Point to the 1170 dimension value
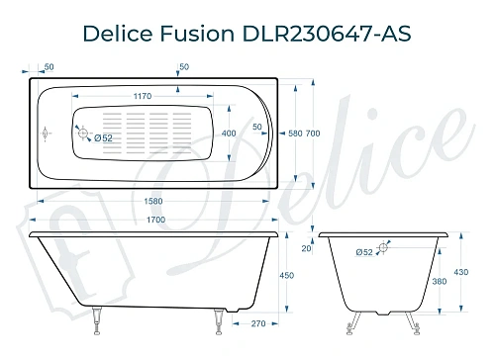(149, 98)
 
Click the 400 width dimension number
(229, 133)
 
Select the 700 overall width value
(311, 133)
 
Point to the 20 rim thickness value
(306, 250)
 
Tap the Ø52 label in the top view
(102, 137)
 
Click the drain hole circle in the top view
(84, 134)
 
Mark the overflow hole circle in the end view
(385, 253)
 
